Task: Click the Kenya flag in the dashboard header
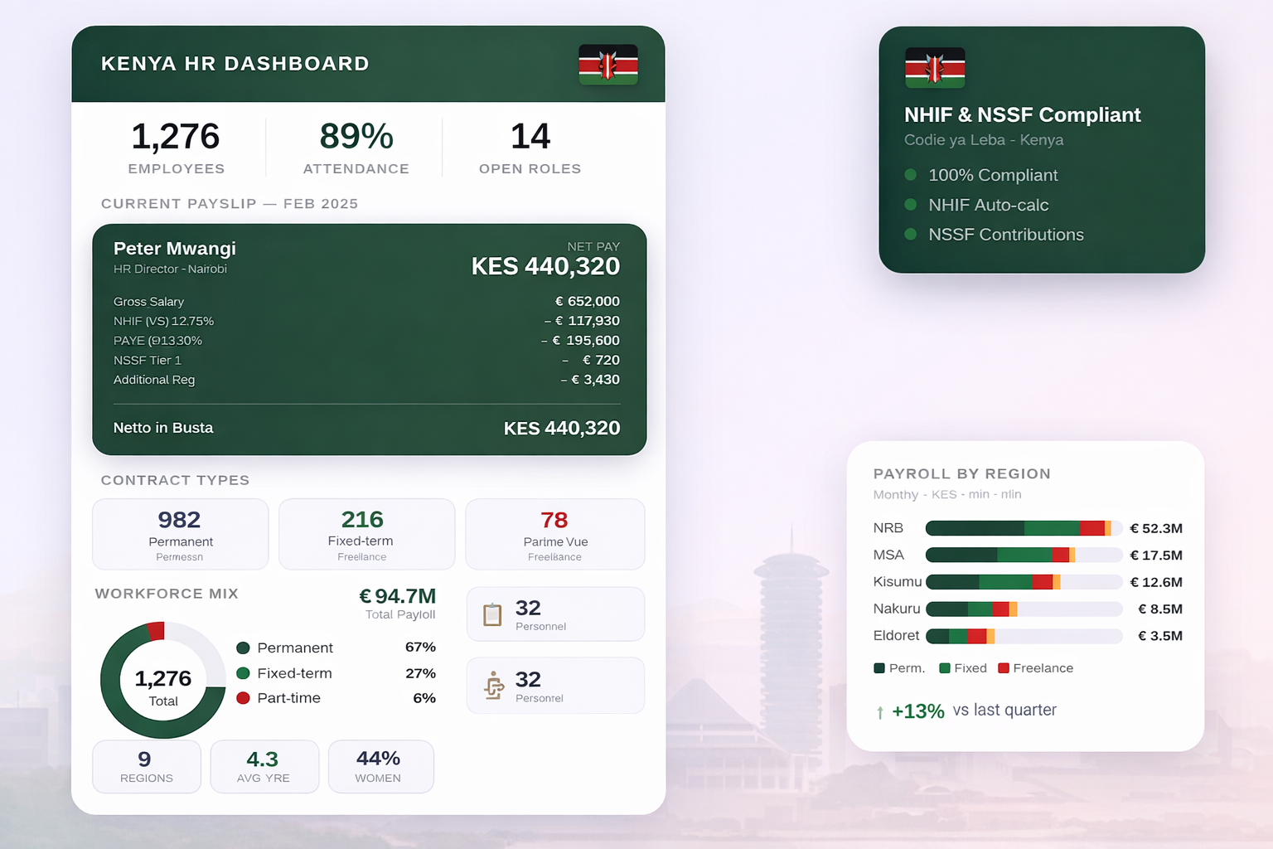608,65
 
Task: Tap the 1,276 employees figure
176,137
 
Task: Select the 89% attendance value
356,137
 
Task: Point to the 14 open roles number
530,137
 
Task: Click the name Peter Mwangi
175,249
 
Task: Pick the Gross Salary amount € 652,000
588,301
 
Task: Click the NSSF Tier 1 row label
148,360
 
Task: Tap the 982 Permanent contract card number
180,520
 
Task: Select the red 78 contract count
554,520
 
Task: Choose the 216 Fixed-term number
362,520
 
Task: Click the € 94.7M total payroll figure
397,596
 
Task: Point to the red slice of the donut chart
155,631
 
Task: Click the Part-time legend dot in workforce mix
244,698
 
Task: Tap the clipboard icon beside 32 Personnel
493,614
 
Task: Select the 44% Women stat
379,759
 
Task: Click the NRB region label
888,528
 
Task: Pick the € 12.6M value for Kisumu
1156,582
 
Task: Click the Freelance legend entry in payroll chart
1036,668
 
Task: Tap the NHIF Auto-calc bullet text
989,205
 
